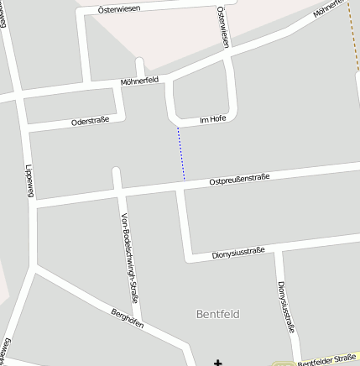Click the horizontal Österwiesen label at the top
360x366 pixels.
pos(119,8)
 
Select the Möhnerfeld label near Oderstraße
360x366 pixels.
pos(139,80)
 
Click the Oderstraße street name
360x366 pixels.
pos(90,121)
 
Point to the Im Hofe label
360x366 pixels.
pos(213,119)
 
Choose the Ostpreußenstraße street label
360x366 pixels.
pos(239,179)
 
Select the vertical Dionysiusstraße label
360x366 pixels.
pos(285,307)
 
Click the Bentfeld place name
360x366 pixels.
pos(217,314)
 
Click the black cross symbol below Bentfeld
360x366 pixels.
pos(218,363)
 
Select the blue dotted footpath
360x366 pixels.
pos(180,153)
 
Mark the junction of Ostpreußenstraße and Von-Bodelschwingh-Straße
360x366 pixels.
pos(120,194)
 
